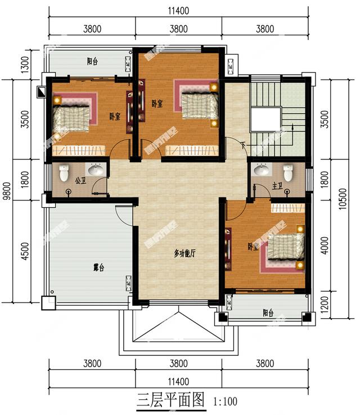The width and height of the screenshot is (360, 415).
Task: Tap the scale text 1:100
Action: pos(225,402)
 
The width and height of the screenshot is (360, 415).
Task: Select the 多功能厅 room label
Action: pos(184,254)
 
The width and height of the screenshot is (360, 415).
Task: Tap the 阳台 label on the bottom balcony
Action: pos(268,313)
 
